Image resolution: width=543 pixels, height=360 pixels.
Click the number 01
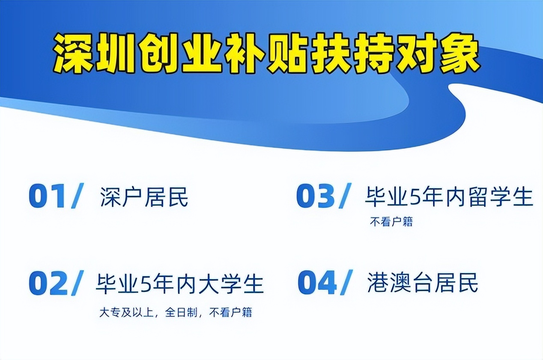pyautogui.click(x=47, y=198)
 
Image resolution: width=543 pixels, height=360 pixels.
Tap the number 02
pyautogui.click(x=48, y=284)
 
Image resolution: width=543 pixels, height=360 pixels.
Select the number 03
pyautogui.click(x=315, y=197)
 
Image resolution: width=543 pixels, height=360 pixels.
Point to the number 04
pyautogui.click(x=317, y=283)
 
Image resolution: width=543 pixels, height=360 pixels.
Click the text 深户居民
pyautogui.click(x=144, y=198)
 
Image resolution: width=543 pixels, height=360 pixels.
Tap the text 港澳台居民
pyautogui.click(x=422, y=283)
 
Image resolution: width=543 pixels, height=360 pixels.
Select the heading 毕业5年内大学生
pyautogui.click(x=179, y=284)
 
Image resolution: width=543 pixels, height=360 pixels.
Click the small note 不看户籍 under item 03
pyautogui.click(x=391, y=222)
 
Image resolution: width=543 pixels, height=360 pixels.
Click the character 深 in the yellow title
pyautogui.click(x=74, y=55)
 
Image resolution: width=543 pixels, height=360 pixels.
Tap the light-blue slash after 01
pyautogui.click(x=78, y=197)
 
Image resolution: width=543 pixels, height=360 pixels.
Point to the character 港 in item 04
pyautogui.click(x=378, y=283)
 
